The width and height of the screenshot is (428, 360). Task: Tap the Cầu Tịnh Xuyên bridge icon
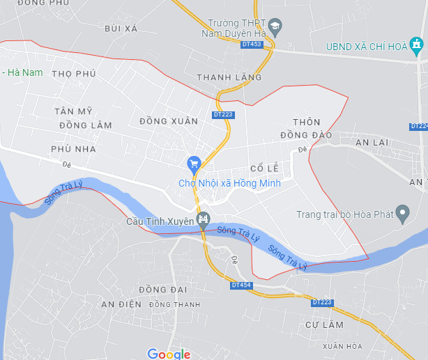point(203,221)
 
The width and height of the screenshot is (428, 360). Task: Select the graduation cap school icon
point(275,27)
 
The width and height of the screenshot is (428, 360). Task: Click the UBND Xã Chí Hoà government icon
point(417,47)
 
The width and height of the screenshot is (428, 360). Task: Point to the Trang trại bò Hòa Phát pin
point(402,213)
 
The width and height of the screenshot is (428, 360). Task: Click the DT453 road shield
point(251,44)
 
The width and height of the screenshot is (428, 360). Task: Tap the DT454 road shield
point(241,285)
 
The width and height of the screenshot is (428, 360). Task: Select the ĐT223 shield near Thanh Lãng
point(223,114)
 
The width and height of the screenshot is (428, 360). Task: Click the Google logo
point(169,354)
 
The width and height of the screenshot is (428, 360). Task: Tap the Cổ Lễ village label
point(264,169)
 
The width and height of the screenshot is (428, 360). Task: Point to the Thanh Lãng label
point(220,77)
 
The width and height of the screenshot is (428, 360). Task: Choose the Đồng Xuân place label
point(169,121)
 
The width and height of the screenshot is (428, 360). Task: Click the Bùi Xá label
point(121,28)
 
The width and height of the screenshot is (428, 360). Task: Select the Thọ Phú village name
point(73,73)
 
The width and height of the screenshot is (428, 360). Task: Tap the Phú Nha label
point(73,148)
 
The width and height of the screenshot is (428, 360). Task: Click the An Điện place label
point(121,304)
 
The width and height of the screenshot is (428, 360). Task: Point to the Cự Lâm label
point(325,325)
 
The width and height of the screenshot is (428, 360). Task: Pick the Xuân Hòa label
point(342,346)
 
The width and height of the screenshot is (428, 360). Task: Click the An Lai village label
point(372,142)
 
